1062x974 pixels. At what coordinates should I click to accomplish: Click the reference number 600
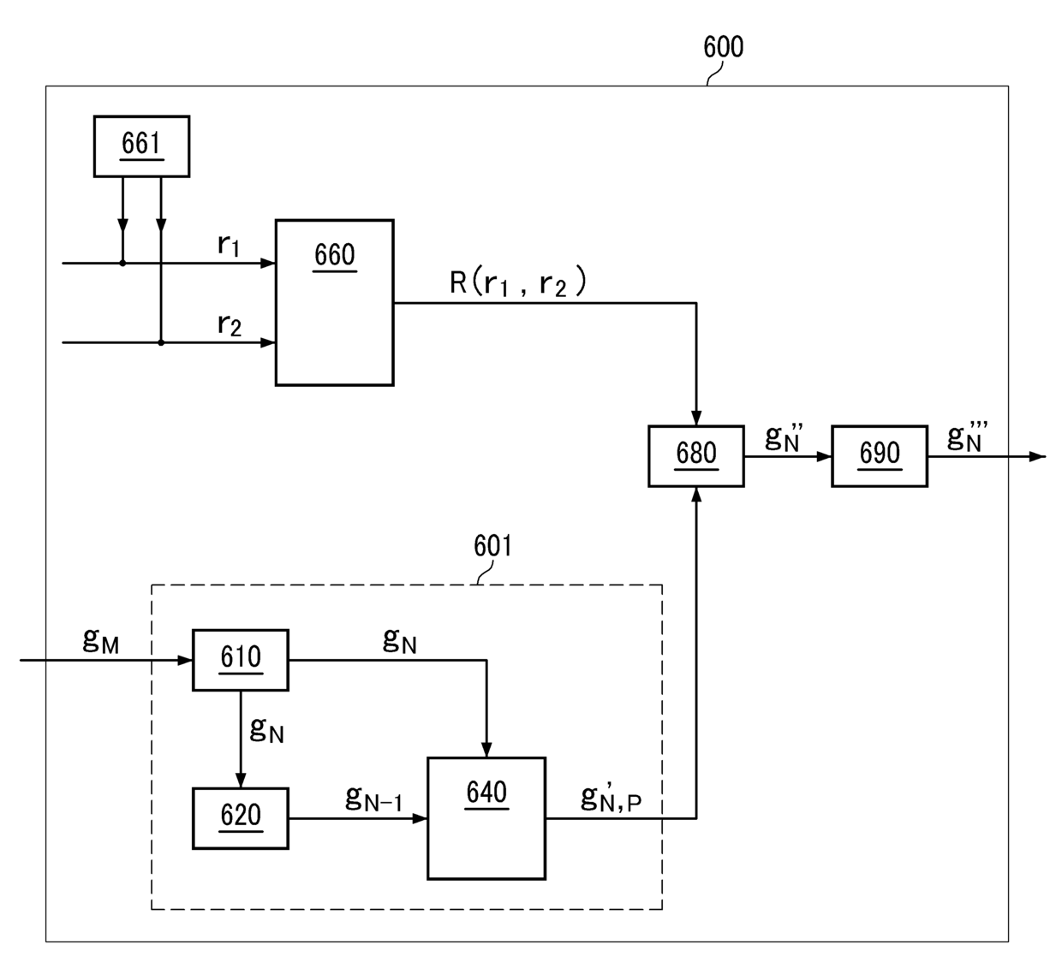723,46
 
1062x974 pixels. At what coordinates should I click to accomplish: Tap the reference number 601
492,545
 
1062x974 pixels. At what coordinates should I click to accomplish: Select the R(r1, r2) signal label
518,282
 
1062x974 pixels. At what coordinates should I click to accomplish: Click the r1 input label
229,245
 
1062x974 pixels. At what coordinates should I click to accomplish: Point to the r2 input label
230,324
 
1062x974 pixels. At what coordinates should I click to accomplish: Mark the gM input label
100,640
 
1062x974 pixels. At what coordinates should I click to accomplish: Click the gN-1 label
373,799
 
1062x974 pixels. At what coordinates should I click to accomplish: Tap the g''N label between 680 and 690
784,437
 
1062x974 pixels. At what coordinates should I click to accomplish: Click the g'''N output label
967,437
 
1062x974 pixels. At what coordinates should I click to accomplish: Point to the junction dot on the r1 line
122,263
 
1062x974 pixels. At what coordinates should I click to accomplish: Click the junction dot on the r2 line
161,343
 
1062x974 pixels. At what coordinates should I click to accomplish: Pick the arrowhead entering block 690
824,456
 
